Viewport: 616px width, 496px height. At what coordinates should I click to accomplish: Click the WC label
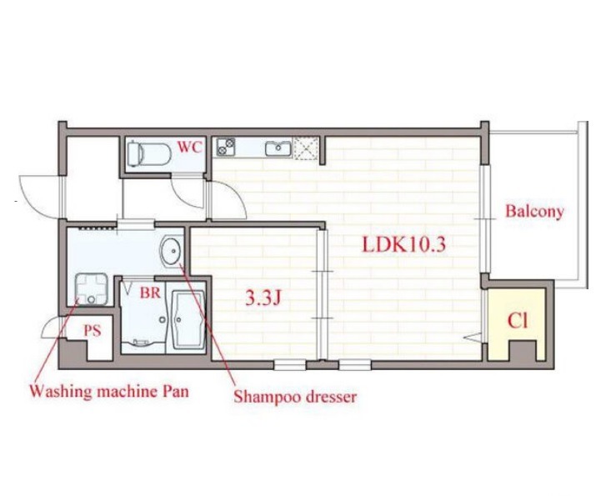[189, 147]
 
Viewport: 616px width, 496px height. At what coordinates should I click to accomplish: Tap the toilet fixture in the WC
[149, 153]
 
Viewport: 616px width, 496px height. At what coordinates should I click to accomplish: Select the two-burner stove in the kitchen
[226, 147]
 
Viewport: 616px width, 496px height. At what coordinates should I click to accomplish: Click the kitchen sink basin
[278, 148]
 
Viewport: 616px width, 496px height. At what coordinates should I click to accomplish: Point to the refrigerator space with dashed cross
[306, 148]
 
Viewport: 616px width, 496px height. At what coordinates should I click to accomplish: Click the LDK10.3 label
[403, 244]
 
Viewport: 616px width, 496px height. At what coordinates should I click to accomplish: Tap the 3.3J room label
[263, 299]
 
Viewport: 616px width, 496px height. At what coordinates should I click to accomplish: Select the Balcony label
[534, 212]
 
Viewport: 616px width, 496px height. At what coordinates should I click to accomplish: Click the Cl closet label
[518, 321]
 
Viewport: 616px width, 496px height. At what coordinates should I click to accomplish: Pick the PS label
[93, 331]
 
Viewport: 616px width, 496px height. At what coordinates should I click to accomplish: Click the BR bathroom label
[151, 293]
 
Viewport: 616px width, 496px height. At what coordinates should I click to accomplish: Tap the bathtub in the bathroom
[188, 319]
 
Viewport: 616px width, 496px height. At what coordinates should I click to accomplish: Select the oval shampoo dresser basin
[171, 250]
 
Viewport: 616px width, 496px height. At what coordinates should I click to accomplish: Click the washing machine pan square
[91, 289]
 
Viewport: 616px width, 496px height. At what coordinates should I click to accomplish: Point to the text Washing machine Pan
[109, 391]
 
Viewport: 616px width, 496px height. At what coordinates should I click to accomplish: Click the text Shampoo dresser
[295, 396]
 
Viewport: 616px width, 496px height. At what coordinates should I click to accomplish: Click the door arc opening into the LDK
[237, 197]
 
